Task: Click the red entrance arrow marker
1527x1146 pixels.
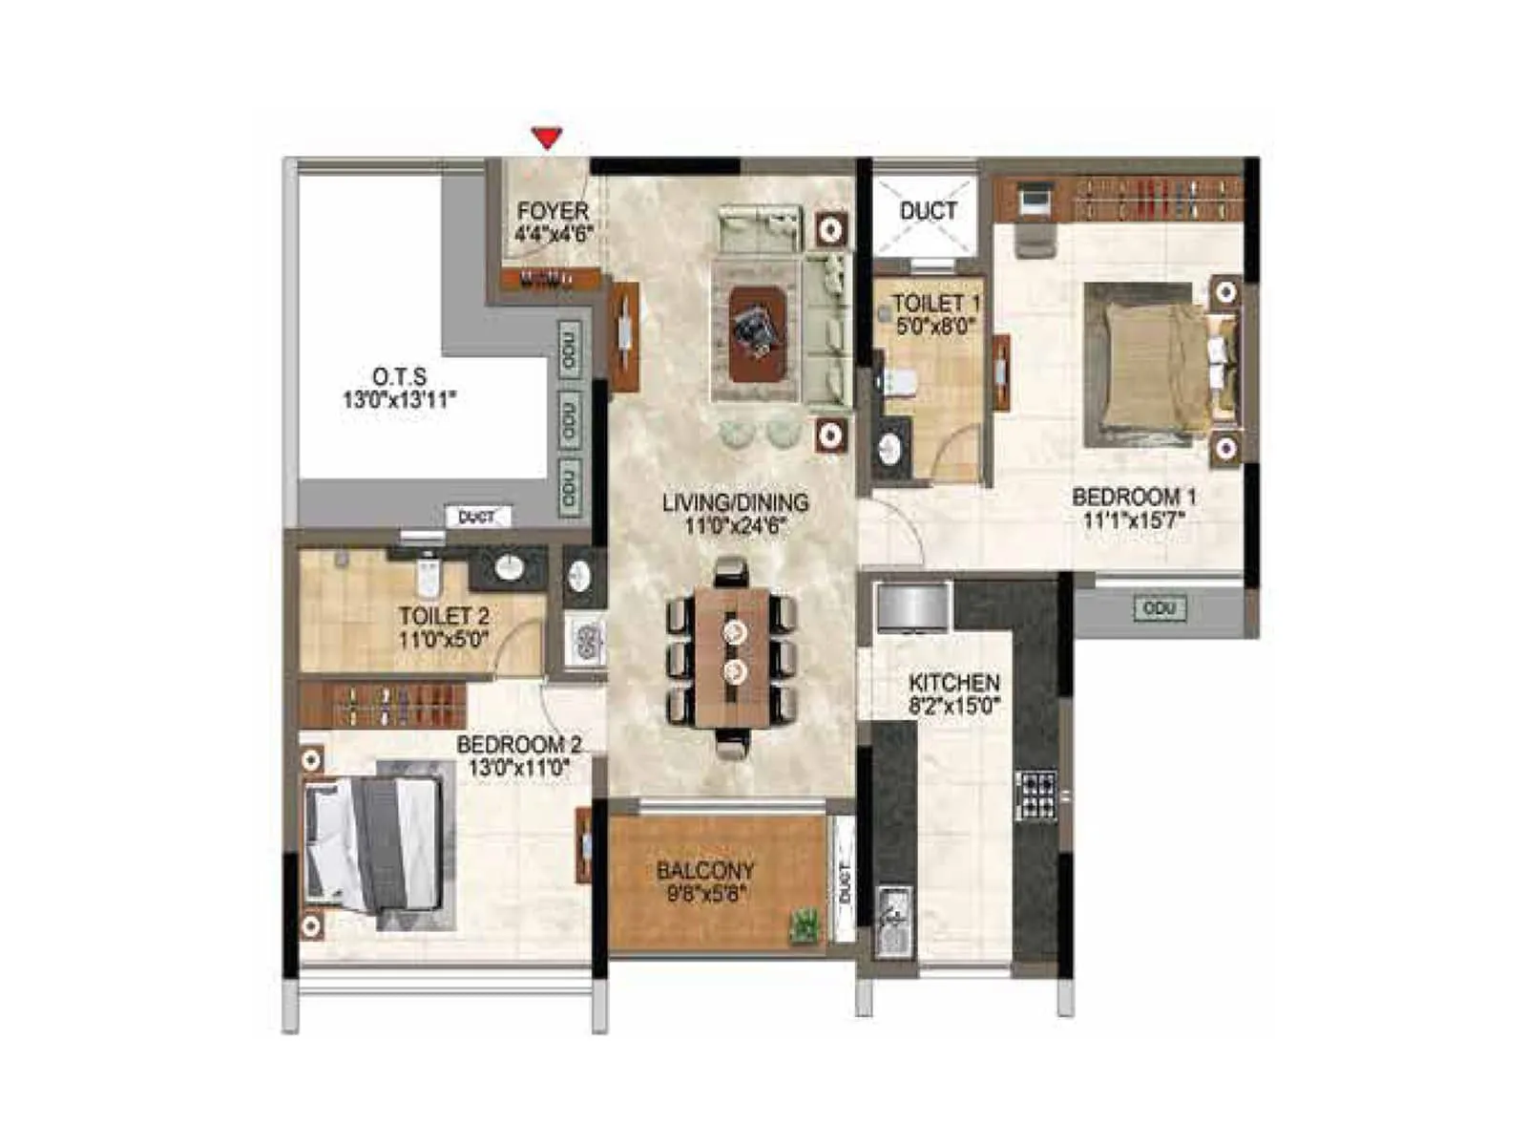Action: pyautogui.click(x=547, y=138)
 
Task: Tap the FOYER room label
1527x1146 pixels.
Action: pyautogui.click(x=553, y=211)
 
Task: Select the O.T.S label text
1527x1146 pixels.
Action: pyautogui.click(x=400, y=376)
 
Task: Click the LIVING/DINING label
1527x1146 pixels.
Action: pyautogui.click(x=735, y=502)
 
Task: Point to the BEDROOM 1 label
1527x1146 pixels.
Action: pyautogui.click(x=1134, y=497)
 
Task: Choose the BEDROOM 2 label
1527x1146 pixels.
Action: pyautogui.click(x=518, y=745)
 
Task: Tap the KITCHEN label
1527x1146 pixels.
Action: pyautogui.click(x=954, y=683)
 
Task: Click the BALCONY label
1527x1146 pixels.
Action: pyautogui.click(x=705, y=871)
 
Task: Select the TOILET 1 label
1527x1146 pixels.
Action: pyautogui.click(x=935, y=304)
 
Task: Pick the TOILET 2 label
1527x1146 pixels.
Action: pyautogui.click(x=444, y=616)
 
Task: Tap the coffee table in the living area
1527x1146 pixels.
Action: pyautogui.click(x=758, y=332)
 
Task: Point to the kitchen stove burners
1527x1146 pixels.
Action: pyautogui.click(x=1036, y=795)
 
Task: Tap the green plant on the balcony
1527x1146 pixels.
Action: pyautogui.click(x=805, y=925)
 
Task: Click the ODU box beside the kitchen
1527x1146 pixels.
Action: pyautogui.click(x=1160, y=608)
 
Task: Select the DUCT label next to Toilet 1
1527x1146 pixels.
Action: pyautogui.click(x=928, y=211)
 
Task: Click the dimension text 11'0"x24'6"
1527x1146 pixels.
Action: pyautogui.click(x=735, y=525)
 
